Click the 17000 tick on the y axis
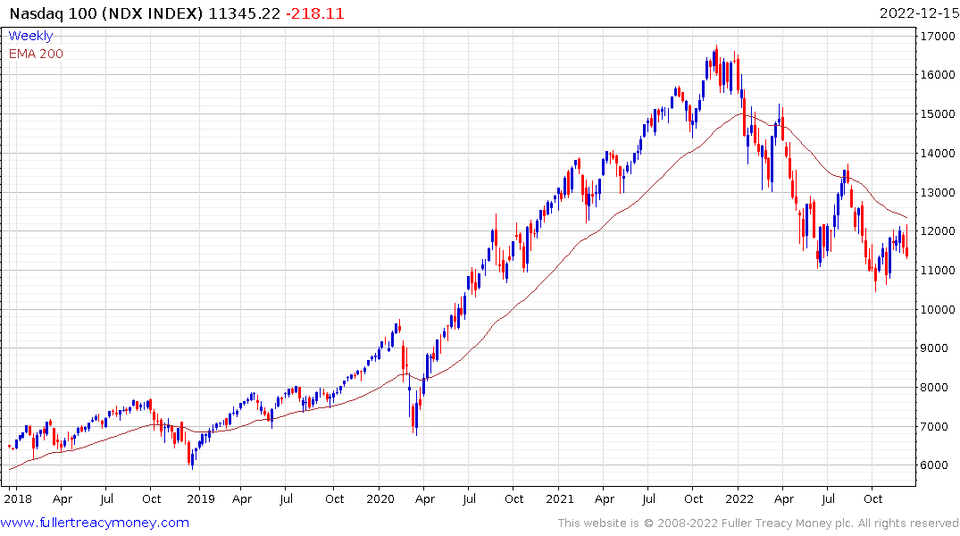click(933, 36)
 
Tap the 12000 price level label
click(933, 231)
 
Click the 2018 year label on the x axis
click(17, 498)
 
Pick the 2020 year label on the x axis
click(380, 498)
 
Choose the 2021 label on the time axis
click(560, 498)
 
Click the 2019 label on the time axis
click(200, 498)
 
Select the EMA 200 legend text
click(36, 54)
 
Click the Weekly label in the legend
click(30, 36)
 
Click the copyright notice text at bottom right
click(758, 523)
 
